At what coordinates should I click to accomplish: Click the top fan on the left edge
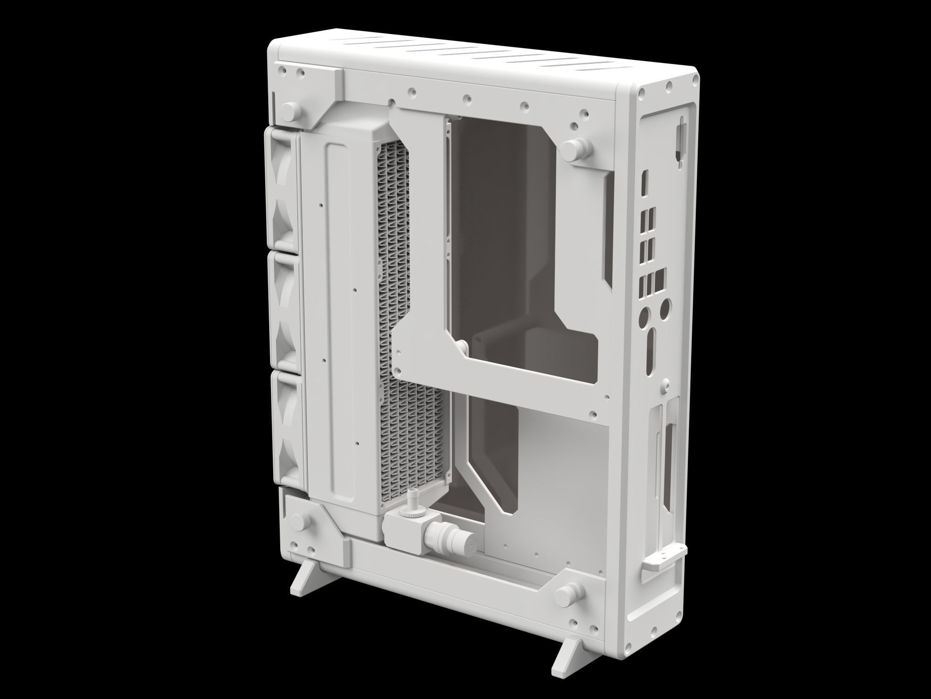pyautogui.click(x=283, y=189)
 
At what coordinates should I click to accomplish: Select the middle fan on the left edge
pyautogui.click(x=283, y=310)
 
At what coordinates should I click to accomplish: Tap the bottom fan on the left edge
pyautogui.click(x=283, y=429)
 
